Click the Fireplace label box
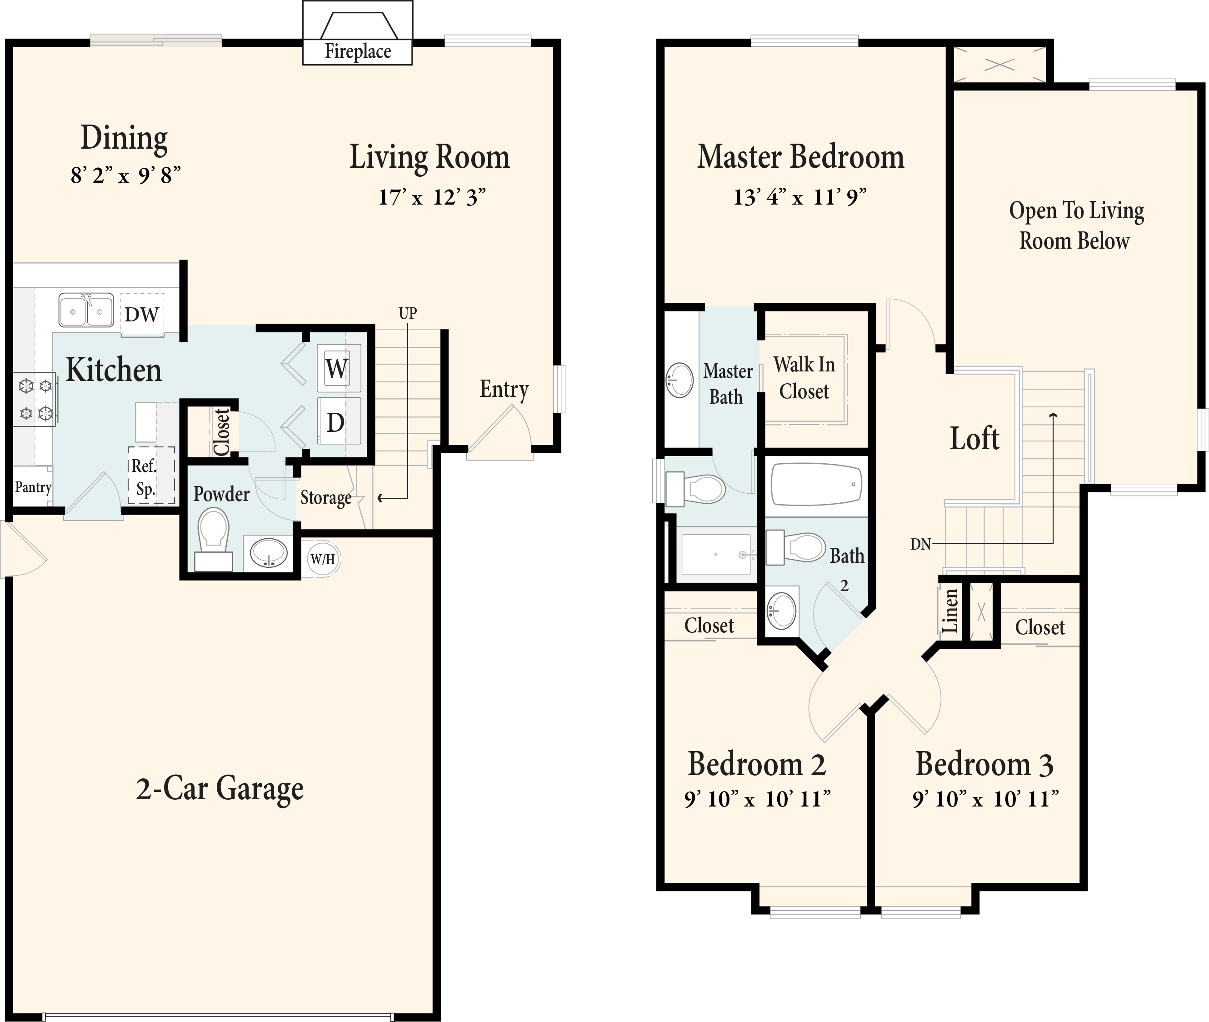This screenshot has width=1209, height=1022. pyautogui.click(x=357, y=51)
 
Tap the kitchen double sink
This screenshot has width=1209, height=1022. pyautogui.click(x=86, y=310)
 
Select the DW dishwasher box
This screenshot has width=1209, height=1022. pyautogui.click(x=142, y=314)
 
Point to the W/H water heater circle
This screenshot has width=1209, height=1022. pyautogui.click(x=323, y=559)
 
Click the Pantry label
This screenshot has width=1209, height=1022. pyautogui.click(x=33, y=487)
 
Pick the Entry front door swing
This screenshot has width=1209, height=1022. pyautogui.click(x=500, y=435)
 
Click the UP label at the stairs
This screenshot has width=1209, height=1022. pyautogui.click(x=408, y=313)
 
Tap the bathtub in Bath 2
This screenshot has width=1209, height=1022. pyautogui.click(x=816, y=485)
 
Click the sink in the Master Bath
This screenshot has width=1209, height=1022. pyautogui.click(x=679, y=380)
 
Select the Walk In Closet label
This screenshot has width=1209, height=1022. pyautogui.click(x=804, y=378)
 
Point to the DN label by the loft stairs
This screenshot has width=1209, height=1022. pyautogui.click(x=920, y=544)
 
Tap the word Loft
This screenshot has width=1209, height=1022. pyautogui.click(x=974, y=439)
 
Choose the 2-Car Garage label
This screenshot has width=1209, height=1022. pyautogui.click(x=220, y=788)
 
